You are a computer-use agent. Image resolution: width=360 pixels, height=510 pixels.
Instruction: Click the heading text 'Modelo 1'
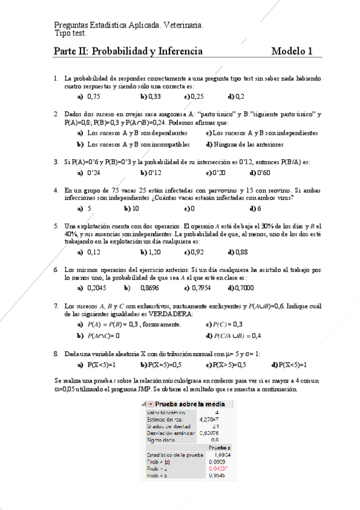click(x=291, y=52)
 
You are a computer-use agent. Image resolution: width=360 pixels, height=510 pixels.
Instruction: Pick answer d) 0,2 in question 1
click(x=236, y=96)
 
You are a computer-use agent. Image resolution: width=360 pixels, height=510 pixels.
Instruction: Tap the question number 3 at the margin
click(x=56, y=162)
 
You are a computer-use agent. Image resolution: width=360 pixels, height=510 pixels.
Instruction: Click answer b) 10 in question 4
click(x=132, y=209)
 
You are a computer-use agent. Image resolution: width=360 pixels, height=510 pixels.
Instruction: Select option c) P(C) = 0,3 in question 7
click(x=224, y=324)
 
